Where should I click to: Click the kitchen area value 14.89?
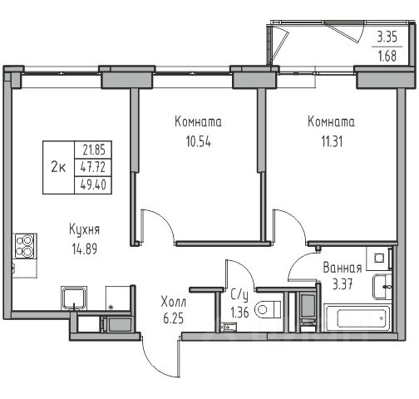[x=85, y=249]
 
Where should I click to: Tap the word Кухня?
[x=84, y=230]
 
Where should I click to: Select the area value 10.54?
[x=199, y=141]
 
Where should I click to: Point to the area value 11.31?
[x=332, y=141]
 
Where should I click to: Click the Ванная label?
[x=343, y=268]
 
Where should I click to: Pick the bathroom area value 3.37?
[x=343, y=284]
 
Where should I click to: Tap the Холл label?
[x=174, y=302]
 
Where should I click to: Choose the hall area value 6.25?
[x=174, y=318]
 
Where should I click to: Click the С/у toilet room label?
[x=240, y=296]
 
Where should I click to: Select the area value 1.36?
[x=240, y=313]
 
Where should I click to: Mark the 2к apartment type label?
[x=58, y=167]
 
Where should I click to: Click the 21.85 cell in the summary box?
[x=94, y=150]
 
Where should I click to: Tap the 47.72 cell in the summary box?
[x=93, y=167]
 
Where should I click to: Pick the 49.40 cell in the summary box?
[x=93, y=185]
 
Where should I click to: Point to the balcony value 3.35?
[x=387, y=37]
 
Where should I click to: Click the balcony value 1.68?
[x=387, y=56]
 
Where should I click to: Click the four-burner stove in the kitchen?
[x=25, y=246]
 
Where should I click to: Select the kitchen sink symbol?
[x=74, y=298]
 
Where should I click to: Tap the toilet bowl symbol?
[x=268, y=309]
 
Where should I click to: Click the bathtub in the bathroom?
[x=357, y=318]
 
